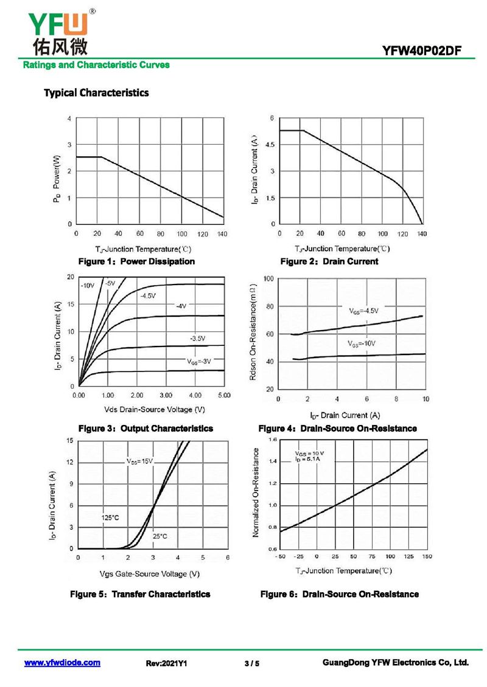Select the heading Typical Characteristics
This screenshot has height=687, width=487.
point(96,93)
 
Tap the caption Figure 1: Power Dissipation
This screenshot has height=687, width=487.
point(136,261)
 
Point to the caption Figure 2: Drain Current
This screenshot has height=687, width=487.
point(329,261)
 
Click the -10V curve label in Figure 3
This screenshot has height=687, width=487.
point(88,285)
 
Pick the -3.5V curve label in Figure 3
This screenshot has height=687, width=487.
point(197,338)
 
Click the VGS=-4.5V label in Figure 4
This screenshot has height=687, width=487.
point(363,311)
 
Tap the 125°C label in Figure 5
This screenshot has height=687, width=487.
point(110,518)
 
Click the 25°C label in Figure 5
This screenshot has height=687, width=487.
point(159,536)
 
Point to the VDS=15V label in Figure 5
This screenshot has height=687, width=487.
point(139,461)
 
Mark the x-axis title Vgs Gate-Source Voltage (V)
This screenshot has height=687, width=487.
point(150,574)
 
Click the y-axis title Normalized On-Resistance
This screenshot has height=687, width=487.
point(256,492)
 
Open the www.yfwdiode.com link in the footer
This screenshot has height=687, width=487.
point(62,663)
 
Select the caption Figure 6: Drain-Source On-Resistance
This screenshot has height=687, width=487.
point(339,594)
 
